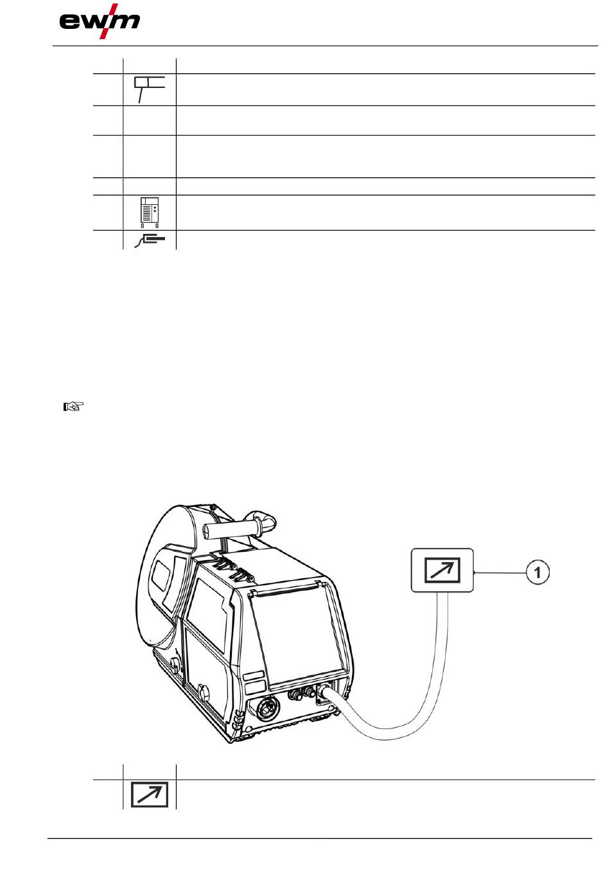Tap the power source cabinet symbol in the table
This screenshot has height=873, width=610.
149,212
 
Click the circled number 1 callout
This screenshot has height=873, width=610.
538,572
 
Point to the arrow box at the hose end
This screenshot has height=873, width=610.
442,570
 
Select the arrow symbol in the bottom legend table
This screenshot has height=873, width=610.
149,795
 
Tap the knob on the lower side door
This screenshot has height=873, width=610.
204,693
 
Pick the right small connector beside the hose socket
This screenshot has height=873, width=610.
309,691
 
